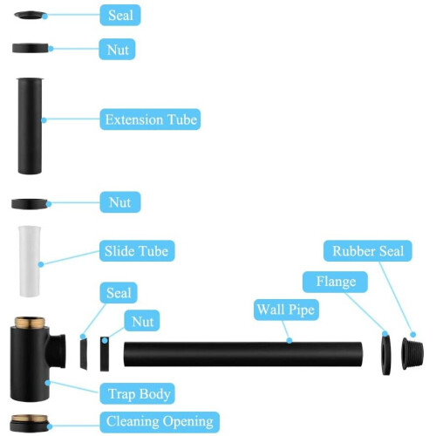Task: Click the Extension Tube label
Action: pos(150,119)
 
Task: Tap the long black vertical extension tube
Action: pos(30,126)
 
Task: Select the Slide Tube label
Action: pos(137,251)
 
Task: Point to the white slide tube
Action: pos(30,262)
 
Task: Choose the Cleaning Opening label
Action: pos(160,422)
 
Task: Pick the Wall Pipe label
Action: pos(286,310)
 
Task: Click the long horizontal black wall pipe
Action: pos(243,354)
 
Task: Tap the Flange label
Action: pos(335,282)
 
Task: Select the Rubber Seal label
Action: pos(368,251)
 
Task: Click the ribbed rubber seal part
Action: pos(412,353)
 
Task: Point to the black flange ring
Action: pos(386,355)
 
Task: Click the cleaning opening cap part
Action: pos(29,423)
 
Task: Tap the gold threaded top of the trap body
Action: pos(30,322)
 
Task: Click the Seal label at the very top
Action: pos(120,15)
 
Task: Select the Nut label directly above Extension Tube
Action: pos(117,50)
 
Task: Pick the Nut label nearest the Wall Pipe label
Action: pos(142,321)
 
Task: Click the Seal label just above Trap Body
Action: pos(119,293)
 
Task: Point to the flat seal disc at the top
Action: pos(30,15)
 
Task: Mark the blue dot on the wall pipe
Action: pos(290,340)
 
